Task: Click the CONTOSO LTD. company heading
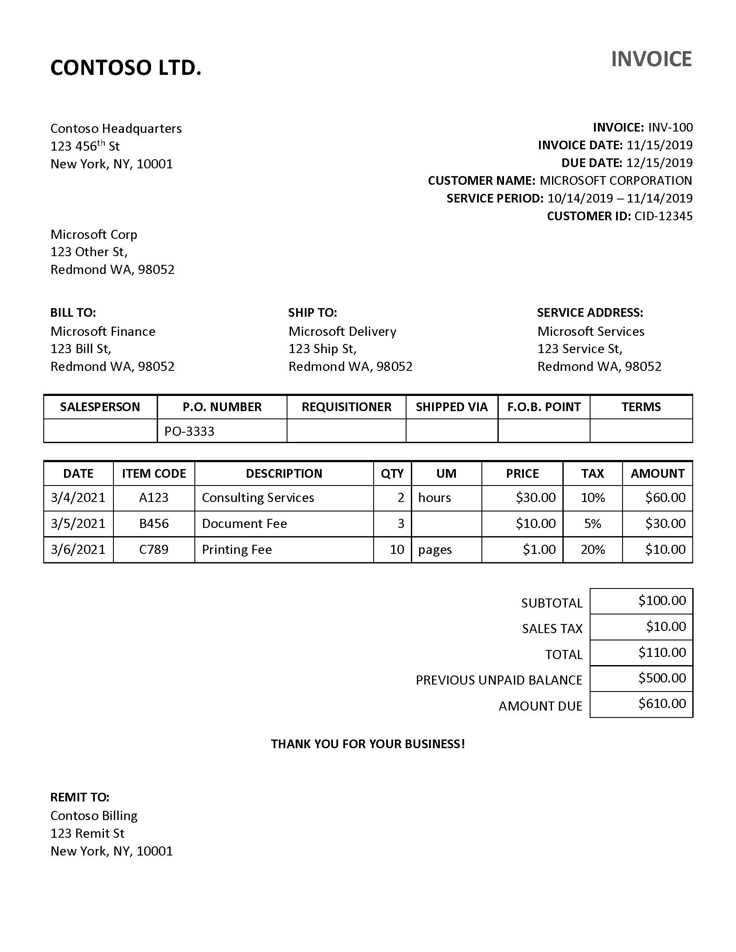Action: [126, 68]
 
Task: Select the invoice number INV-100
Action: [670, 127]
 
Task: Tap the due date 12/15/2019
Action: [659, 163]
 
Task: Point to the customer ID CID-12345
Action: [663, 216]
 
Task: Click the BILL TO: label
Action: [73, 312]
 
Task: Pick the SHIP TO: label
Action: [312, 312]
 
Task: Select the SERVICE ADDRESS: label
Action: [590, 312]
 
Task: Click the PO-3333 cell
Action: [189, 431]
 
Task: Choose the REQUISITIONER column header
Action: [346, 407]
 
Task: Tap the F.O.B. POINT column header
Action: [544, 407]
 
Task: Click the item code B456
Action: [154, 523]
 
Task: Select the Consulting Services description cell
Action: [258, 497]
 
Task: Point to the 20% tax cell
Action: [592, 549]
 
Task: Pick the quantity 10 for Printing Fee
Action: [397, 549]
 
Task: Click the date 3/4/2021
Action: [78, 497]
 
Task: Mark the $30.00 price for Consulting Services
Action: [536, 497]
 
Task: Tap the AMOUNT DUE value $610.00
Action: [662, 703]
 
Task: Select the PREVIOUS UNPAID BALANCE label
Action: [499, 680]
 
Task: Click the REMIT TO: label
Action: [80, 797]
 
